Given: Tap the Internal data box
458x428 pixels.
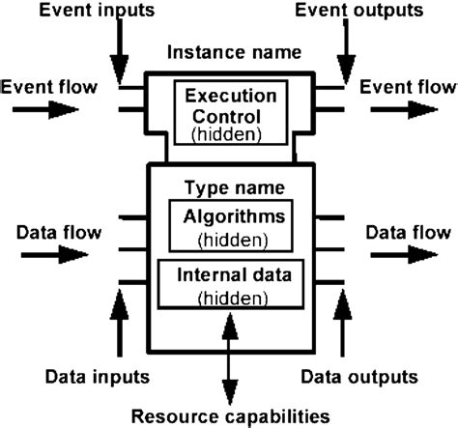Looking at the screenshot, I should pyautogui.click(x=229, y=284).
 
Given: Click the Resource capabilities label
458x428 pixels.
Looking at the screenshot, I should pyautogui.click(x=228, y=415).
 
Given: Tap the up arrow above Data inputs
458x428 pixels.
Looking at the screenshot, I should pyautogui.click(x=119, y=324).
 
